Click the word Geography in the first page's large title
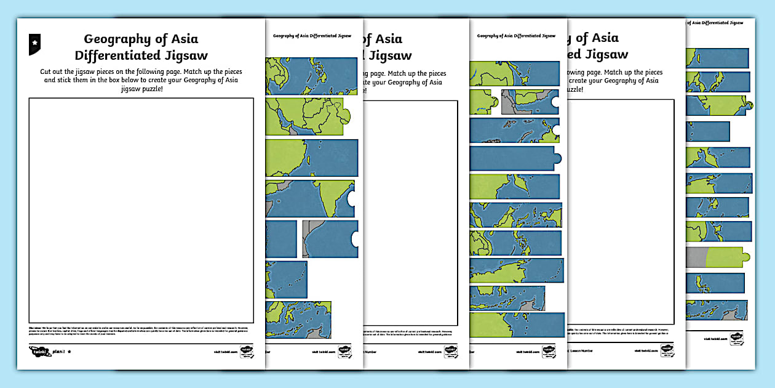117,39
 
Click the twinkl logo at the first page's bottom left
40,351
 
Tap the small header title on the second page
312,36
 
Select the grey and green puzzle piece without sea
717,256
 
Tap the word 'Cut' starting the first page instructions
47,72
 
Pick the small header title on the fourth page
516,36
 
